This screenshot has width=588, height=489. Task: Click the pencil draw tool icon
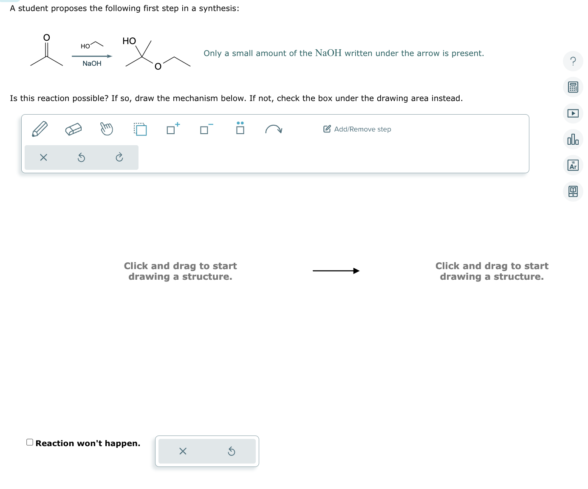click(x=40, y=129)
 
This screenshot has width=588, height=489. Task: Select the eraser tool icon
click(x=73, y=129)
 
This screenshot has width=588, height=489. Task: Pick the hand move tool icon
click(x=107, y=129)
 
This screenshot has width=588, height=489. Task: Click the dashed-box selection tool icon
click(x=140, y=129)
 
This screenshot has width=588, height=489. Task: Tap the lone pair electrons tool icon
click(x=240, y=128)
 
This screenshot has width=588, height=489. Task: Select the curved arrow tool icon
click(x=274, y=129)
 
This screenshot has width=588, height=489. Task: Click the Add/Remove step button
click(x=357, y=129)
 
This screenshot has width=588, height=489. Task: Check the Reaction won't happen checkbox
click(x=30, y=442)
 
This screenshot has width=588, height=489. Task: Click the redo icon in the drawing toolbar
click(x=119, y=158)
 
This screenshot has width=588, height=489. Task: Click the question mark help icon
click(x=573, y=61)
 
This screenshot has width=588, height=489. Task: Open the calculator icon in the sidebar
click(x=573, y=87)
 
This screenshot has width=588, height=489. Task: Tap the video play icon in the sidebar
click(x=573, y=113)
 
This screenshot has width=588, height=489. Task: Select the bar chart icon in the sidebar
click(x=573, y=139)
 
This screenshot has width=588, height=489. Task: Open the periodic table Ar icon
click(x=573, y=165)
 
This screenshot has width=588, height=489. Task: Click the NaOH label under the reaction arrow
click(x=92, y=64)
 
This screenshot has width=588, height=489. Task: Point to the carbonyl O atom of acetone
click(x=47, y=38)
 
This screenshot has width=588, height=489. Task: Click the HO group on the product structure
click(x=129, y=41)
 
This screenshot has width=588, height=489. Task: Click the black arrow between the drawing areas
click(x=336, y=271)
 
